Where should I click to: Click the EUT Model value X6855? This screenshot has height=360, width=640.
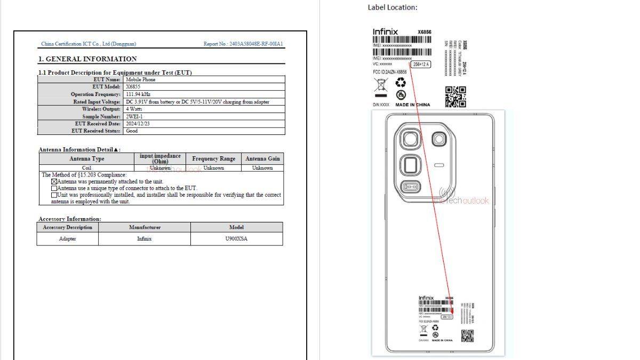point(133,86)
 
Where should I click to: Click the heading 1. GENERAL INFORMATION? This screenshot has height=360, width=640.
point(87,59)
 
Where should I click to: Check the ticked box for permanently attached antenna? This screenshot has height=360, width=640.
point(54,181)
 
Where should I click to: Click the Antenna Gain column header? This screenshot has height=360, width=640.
point(262,158)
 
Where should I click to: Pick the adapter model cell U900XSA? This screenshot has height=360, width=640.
point(236,238)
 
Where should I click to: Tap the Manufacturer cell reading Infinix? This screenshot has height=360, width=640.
point(144,238)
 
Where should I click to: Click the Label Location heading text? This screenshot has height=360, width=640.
point(393,7)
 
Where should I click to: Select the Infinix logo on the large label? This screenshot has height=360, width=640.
point(385,32)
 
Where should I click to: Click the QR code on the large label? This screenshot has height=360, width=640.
point(455,97)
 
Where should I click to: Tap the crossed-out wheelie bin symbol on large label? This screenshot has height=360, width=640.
point(380,84)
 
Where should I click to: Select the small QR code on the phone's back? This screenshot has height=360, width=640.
point(467,336)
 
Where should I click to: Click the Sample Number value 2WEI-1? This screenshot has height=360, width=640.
point(134,116)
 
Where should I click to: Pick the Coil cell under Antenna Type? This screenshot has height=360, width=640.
point(86,167)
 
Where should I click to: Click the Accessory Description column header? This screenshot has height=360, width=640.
point(68,227)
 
